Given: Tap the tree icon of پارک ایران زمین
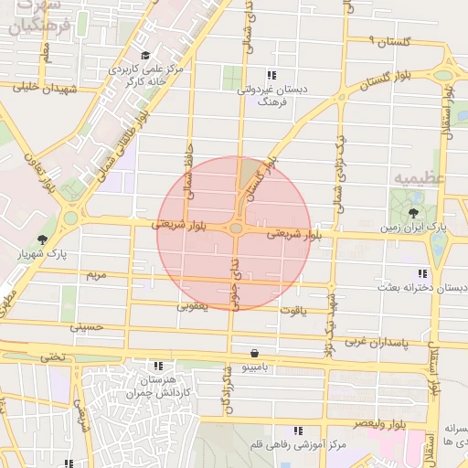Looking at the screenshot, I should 402,211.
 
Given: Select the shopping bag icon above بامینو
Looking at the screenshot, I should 253,353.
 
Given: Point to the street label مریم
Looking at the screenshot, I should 96,274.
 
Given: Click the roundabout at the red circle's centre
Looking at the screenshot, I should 235,229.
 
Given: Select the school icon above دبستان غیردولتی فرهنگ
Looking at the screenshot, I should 271,75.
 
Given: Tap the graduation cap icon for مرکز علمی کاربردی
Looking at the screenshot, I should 146,54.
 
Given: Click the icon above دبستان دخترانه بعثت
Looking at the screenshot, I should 421,273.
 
